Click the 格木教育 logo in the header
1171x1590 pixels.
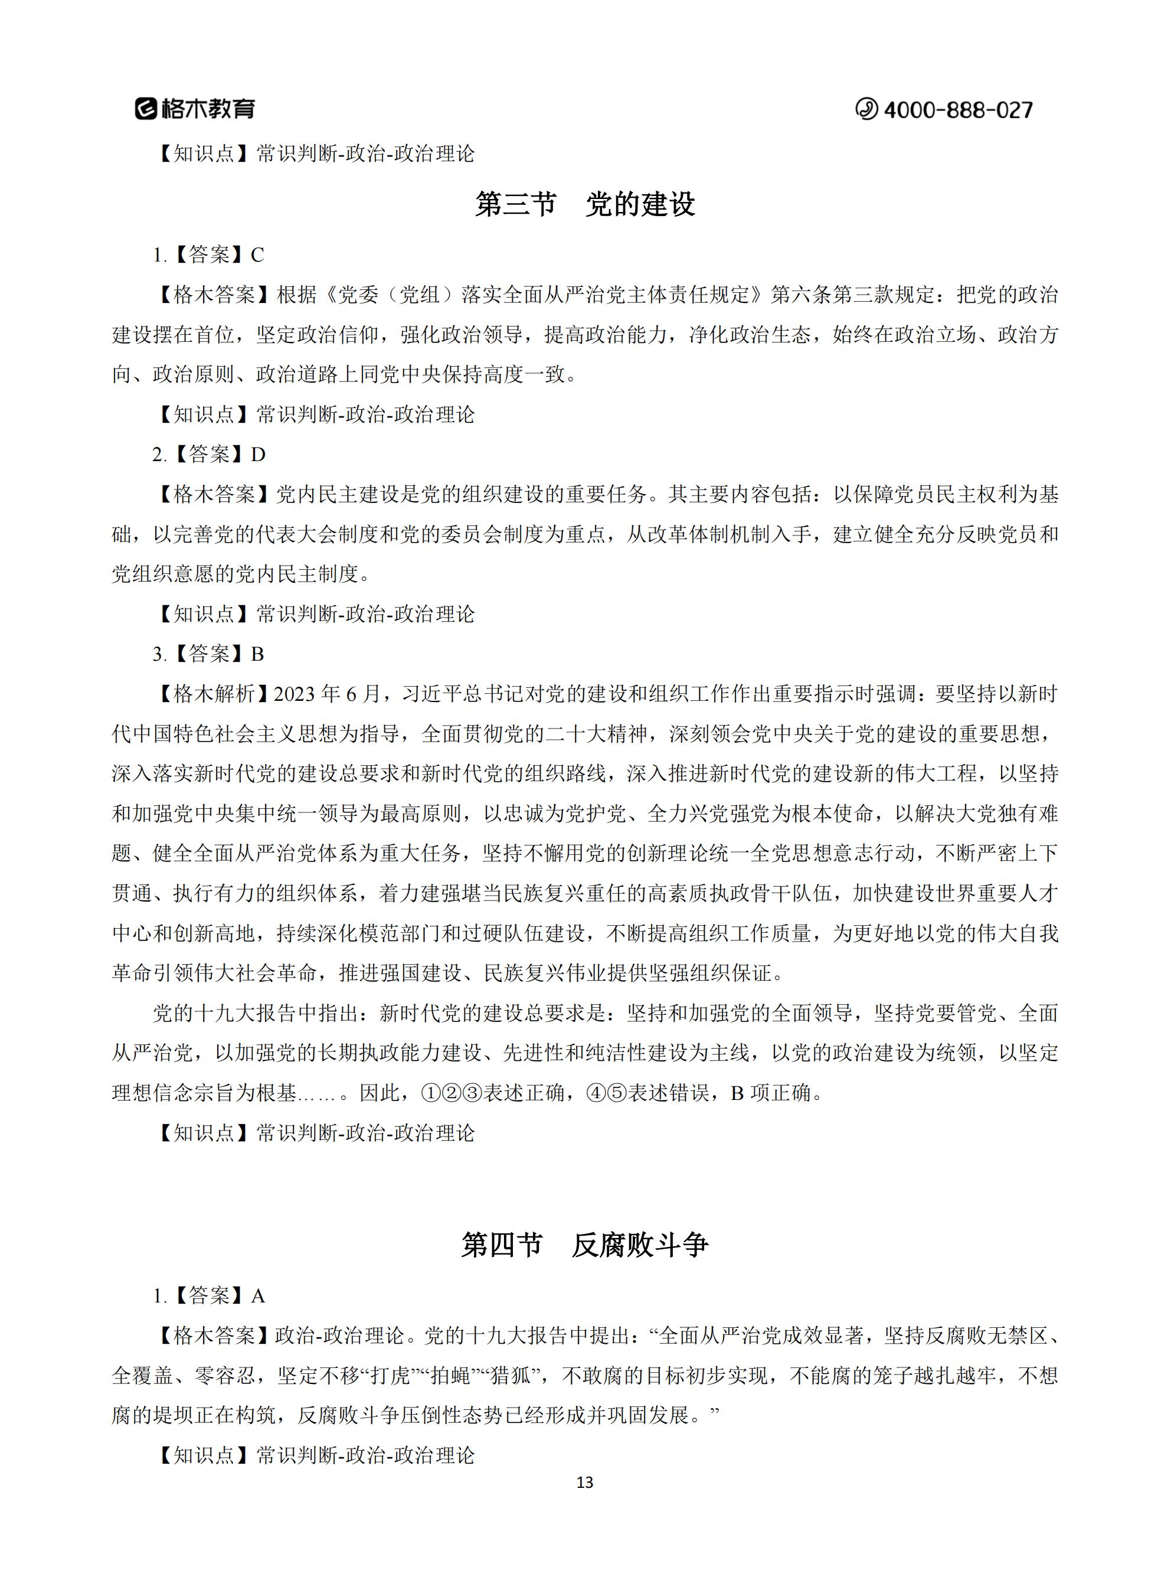pyautogui.click(x=195, y=109)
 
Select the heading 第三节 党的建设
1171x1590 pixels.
pyautogui.click(x=585, y=205)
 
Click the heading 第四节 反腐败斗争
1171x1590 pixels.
pyautogui.click(x=585, y=1245)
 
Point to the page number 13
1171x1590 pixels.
pyautogui.click(x=585, y=1483)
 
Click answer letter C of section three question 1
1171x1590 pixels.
pyautogui.click(x=257, y=255)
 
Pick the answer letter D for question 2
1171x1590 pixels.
pyautogui.click(x=258, y=455)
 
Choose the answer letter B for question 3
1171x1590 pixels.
pyautogui.click(x=257, y=654)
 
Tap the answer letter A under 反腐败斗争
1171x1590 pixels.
pyautogui.click(x=258, y=1297)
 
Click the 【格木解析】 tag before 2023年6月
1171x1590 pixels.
pyautogui.click(x=212, y=694)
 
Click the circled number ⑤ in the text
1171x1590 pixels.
pyautogui.click(x=617, y=1093)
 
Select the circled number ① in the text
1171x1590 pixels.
pyautogui.click(x=430, y=1093)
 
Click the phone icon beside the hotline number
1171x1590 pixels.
pyautogui.click(x=866, y=109)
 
